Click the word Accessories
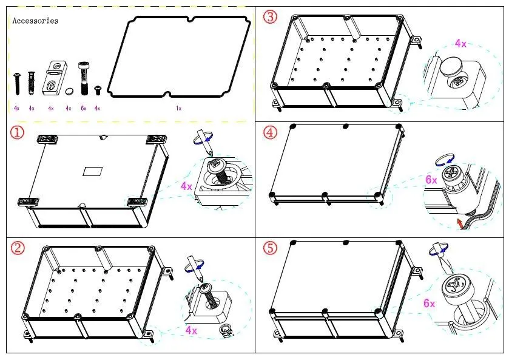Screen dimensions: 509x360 tap(35, 21)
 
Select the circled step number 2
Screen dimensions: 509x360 tap(18, 248)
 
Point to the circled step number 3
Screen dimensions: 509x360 tap(270, 17)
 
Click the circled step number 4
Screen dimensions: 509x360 tap(270, 132)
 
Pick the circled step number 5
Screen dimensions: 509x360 tap(270, 248)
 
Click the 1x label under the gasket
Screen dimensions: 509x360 tap(178, 108)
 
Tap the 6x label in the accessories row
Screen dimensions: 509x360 tap(83, 108)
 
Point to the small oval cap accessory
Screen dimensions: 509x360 tap(69, 91)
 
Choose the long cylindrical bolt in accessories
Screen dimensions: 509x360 tap(83, 75)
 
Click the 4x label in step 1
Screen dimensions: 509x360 tap(186, 186)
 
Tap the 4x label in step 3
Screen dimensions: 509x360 tap(460, 44)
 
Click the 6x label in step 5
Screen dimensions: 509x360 tap(429, 303)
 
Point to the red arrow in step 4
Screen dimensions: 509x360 tap(461, 225)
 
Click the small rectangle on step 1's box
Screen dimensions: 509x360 tap(93, 171)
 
